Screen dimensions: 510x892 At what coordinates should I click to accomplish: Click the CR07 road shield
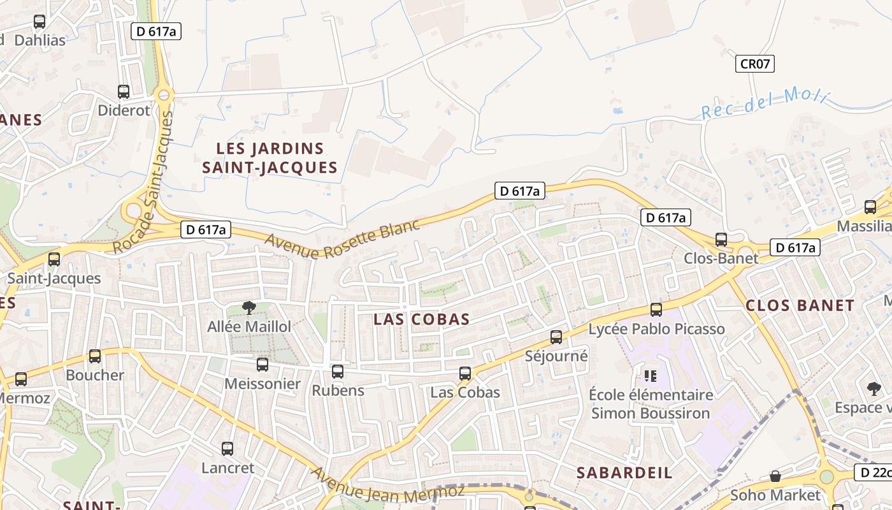[x=755, y=64]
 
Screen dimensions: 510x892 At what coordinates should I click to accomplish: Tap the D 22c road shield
[x=872, y=472]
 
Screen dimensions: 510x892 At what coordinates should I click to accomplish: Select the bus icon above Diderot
[x=124, y=91]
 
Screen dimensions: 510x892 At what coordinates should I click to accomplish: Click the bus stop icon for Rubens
[x=338, y=371]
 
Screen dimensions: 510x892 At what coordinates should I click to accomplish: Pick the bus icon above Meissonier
[x=262, y=365]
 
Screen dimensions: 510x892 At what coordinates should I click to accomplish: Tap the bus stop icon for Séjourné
[x=556, y=337]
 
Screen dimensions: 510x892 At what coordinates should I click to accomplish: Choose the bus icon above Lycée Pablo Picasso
[x=656, y=310]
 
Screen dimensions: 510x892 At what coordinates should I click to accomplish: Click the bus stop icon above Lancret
[x=227, y=449]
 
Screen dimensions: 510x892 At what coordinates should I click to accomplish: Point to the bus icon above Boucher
[x=95, y=356]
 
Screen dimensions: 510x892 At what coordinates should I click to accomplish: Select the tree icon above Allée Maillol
[x=249, y=308]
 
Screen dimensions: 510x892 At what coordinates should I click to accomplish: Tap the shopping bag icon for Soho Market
[x=775, y=476]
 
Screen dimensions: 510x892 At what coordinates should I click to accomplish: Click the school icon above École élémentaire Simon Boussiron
[x=650, y=375]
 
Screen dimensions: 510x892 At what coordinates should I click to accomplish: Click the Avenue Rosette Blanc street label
[x=342, y=240]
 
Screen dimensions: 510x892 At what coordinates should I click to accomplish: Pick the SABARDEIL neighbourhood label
[x=624, y=472]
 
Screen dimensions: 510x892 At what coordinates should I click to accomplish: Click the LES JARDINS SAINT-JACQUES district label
[x=270, y=158]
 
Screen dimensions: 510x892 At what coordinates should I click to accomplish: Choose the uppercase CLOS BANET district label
[x=800, y=305]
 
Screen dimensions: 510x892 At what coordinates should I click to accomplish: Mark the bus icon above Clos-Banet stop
[x=721, y=240]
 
